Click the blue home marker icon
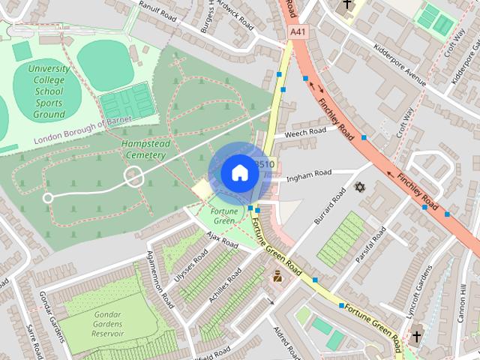(239, 173)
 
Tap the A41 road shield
(298, 32)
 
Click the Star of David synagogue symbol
(358, 186)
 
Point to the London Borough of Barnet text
(83, 131)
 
